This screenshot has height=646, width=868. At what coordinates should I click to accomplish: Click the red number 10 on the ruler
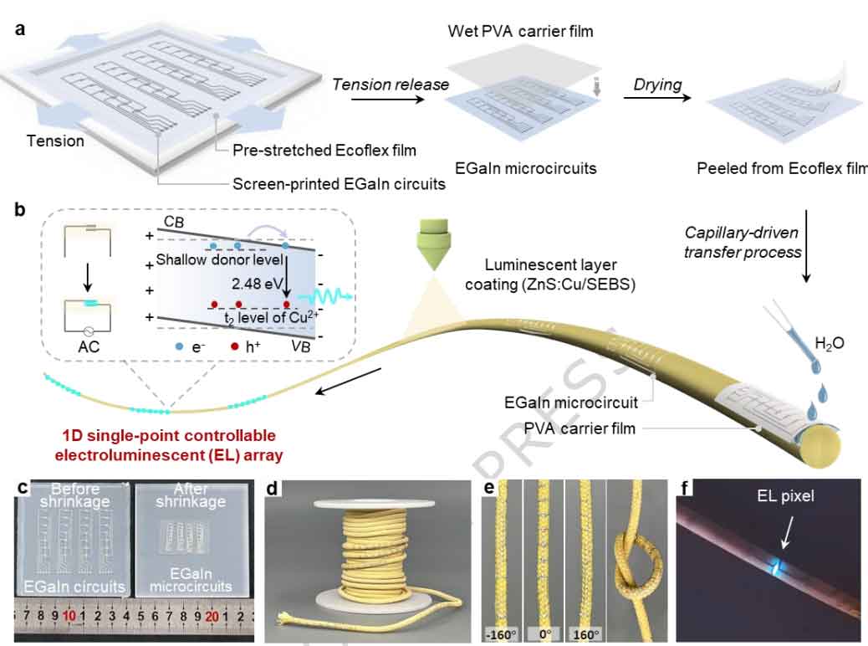pos(69,613)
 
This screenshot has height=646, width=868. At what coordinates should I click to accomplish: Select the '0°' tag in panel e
pos(544,633)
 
